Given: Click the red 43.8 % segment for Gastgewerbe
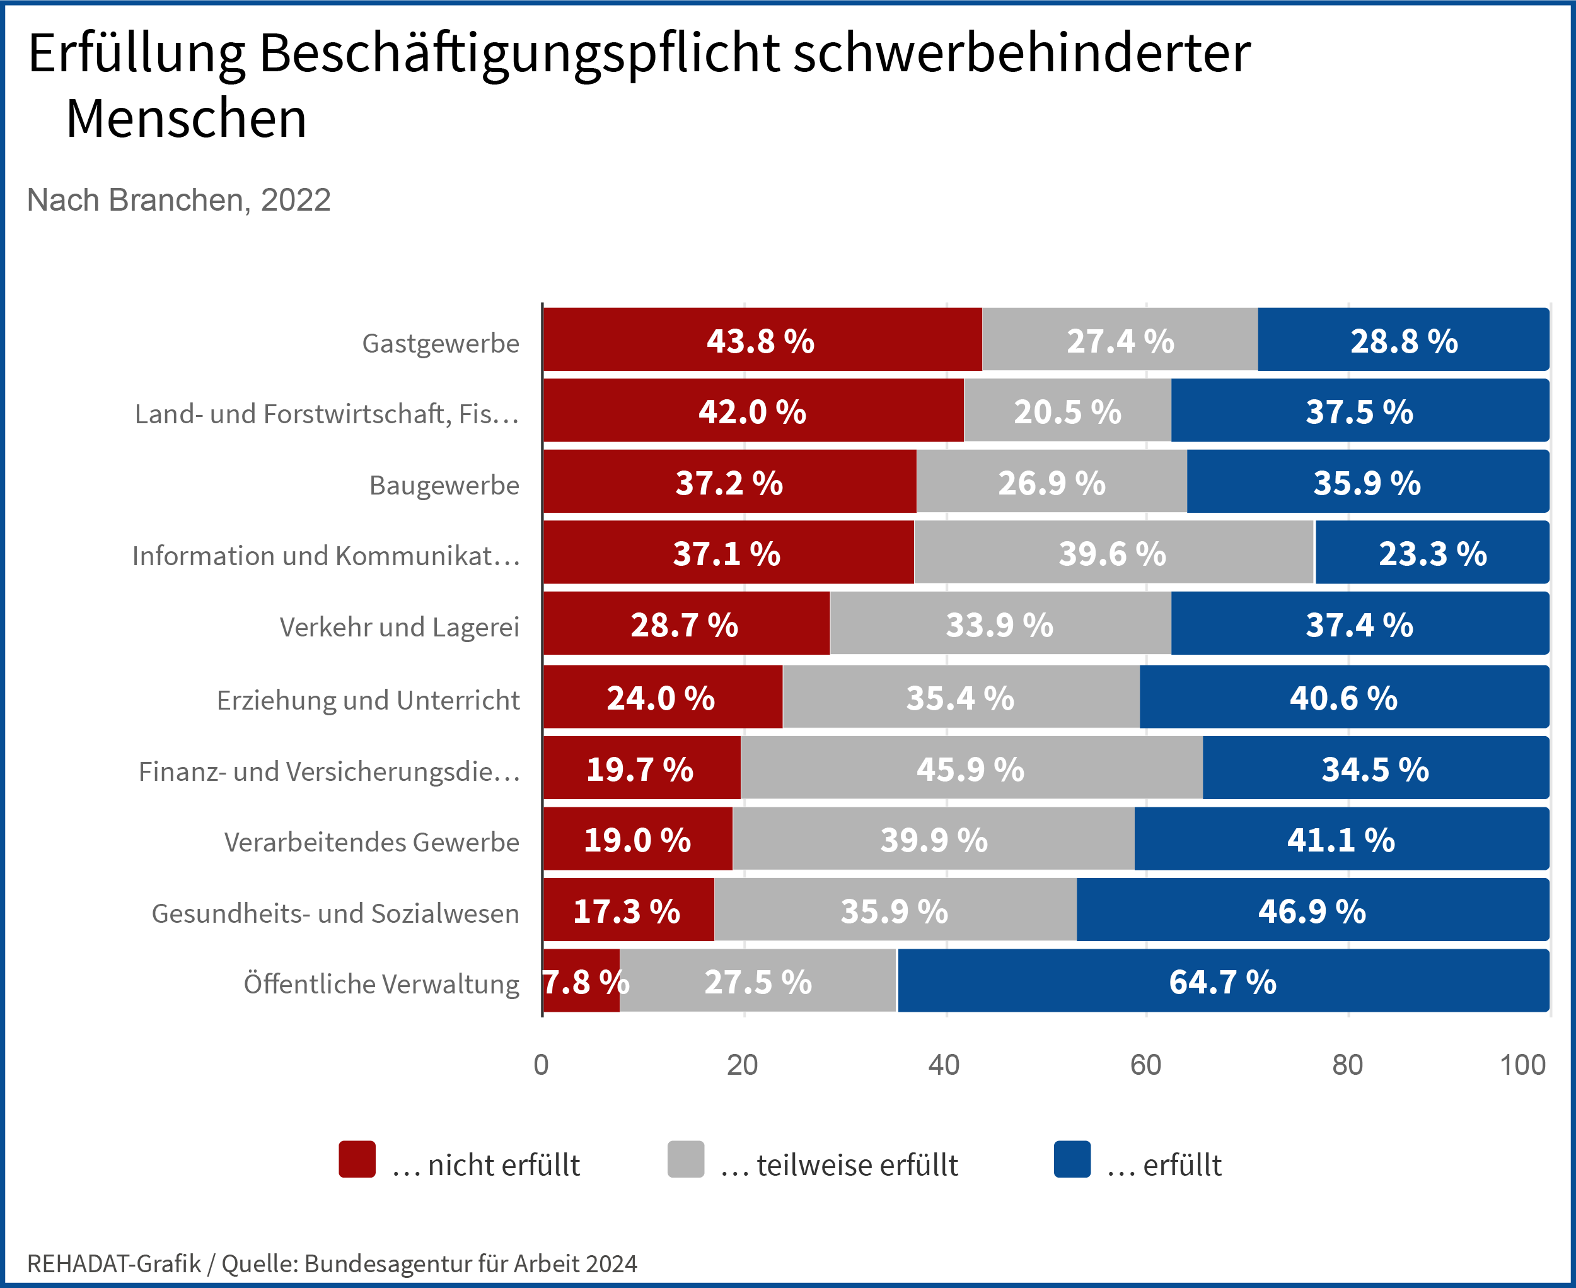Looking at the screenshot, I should point(762,340).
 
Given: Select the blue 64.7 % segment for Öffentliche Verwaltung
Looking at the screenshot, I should point(1222,981).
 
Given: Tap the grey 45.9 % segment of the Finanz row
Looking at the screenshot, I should point(971,768).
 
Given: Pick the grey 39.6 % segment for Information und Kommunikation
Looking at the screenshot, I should point(1113,553).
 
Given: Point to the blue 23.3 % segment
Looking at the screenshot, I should point(1432,553).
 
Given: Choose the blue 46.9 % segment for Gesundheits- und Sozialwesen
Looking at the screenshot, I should point(1312,910).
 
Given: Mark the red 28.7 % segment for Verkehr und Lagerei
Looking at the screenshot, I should point(685,624).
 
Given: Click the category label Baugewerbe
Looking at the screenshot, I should point(444,485).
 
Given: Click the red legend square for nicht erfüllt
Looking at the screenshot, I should point(357,1159).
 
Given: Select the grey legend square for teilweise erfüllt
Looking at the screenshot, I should point(685,1159).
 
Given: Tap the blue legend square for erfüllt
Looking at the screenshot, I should point(1072,1159).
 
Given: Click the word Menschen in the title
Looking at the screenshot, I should point(186,119).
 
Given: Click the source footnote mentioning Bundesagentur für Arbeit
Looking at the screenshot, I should point(332,1263).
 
